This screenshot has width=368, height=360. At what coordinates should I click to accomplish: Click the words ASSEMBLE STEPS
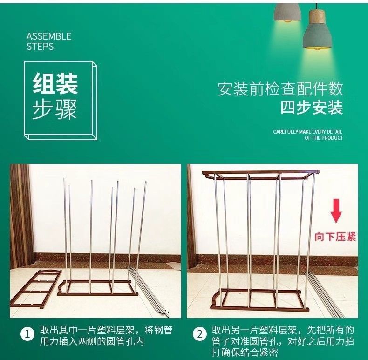pos(49,41)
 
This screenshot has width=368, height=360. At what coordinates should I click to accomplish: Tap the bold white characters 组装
pos(55,83)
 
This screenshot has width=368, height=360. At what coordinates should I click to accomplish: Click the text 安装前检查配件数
pos(280,88)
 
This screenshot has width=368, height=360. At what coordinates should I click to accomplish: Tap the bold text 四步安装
pos(312,108)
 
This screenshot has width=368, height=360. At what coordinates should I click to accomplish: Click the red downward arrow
pos(336,215)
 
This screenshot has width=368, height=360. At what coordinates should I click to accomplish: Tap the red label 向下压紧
pos(335,237)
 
